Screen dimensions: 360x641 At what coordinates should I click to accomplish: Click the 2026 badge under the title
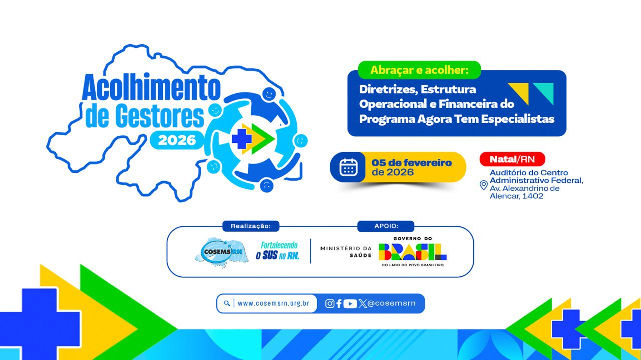pyautogui.click(x=177, y=140)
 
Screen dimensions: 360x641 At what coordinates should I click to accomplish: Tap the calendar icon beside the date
pyautogui.click(x=348, y=167)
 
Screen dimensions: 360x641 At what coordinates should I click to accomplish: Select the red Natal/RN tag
pyautogui.click(x=512, y=159)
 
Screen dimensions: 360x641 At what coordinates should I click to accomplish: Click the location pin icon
pyautogui.click(x=483, y=185)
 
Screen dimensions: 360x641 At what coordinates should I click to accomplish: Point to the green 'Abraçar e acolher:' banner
pyautogui.click(x=419, y=70)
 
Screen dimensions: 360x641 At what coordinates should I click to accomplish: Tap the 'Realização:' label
pyautogui.click(x=251, y=226)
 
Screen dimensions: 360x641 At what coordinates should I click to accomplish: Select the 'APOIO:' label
pyautogui.click(x=385, y=226)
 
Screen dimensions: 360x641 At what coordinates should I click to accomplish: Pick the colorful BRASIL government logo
pyautogui.click(x=412, y=252)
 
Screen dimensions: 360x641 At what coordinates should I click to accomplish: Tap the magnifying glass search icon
pyautogui.click(x=227, y=303)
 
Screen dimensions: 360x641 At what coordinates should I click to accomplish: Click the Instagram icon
pyautogui.click(x=330, y=303)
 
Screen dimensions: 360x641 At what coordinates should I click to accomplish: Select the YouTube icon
pyautogui.click(x=350, y=303)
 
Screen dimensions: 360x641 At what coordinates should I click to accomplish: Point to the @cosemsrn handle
pyautogui.click(x=391, y=303)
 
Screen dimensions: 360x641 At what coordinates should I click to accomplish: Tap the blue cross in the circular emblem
pyautogui.click(x=241, y=139)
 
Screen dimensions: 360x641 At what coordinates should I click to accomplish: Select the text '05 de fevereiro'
pyautogui.click(x=412, y=163)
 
